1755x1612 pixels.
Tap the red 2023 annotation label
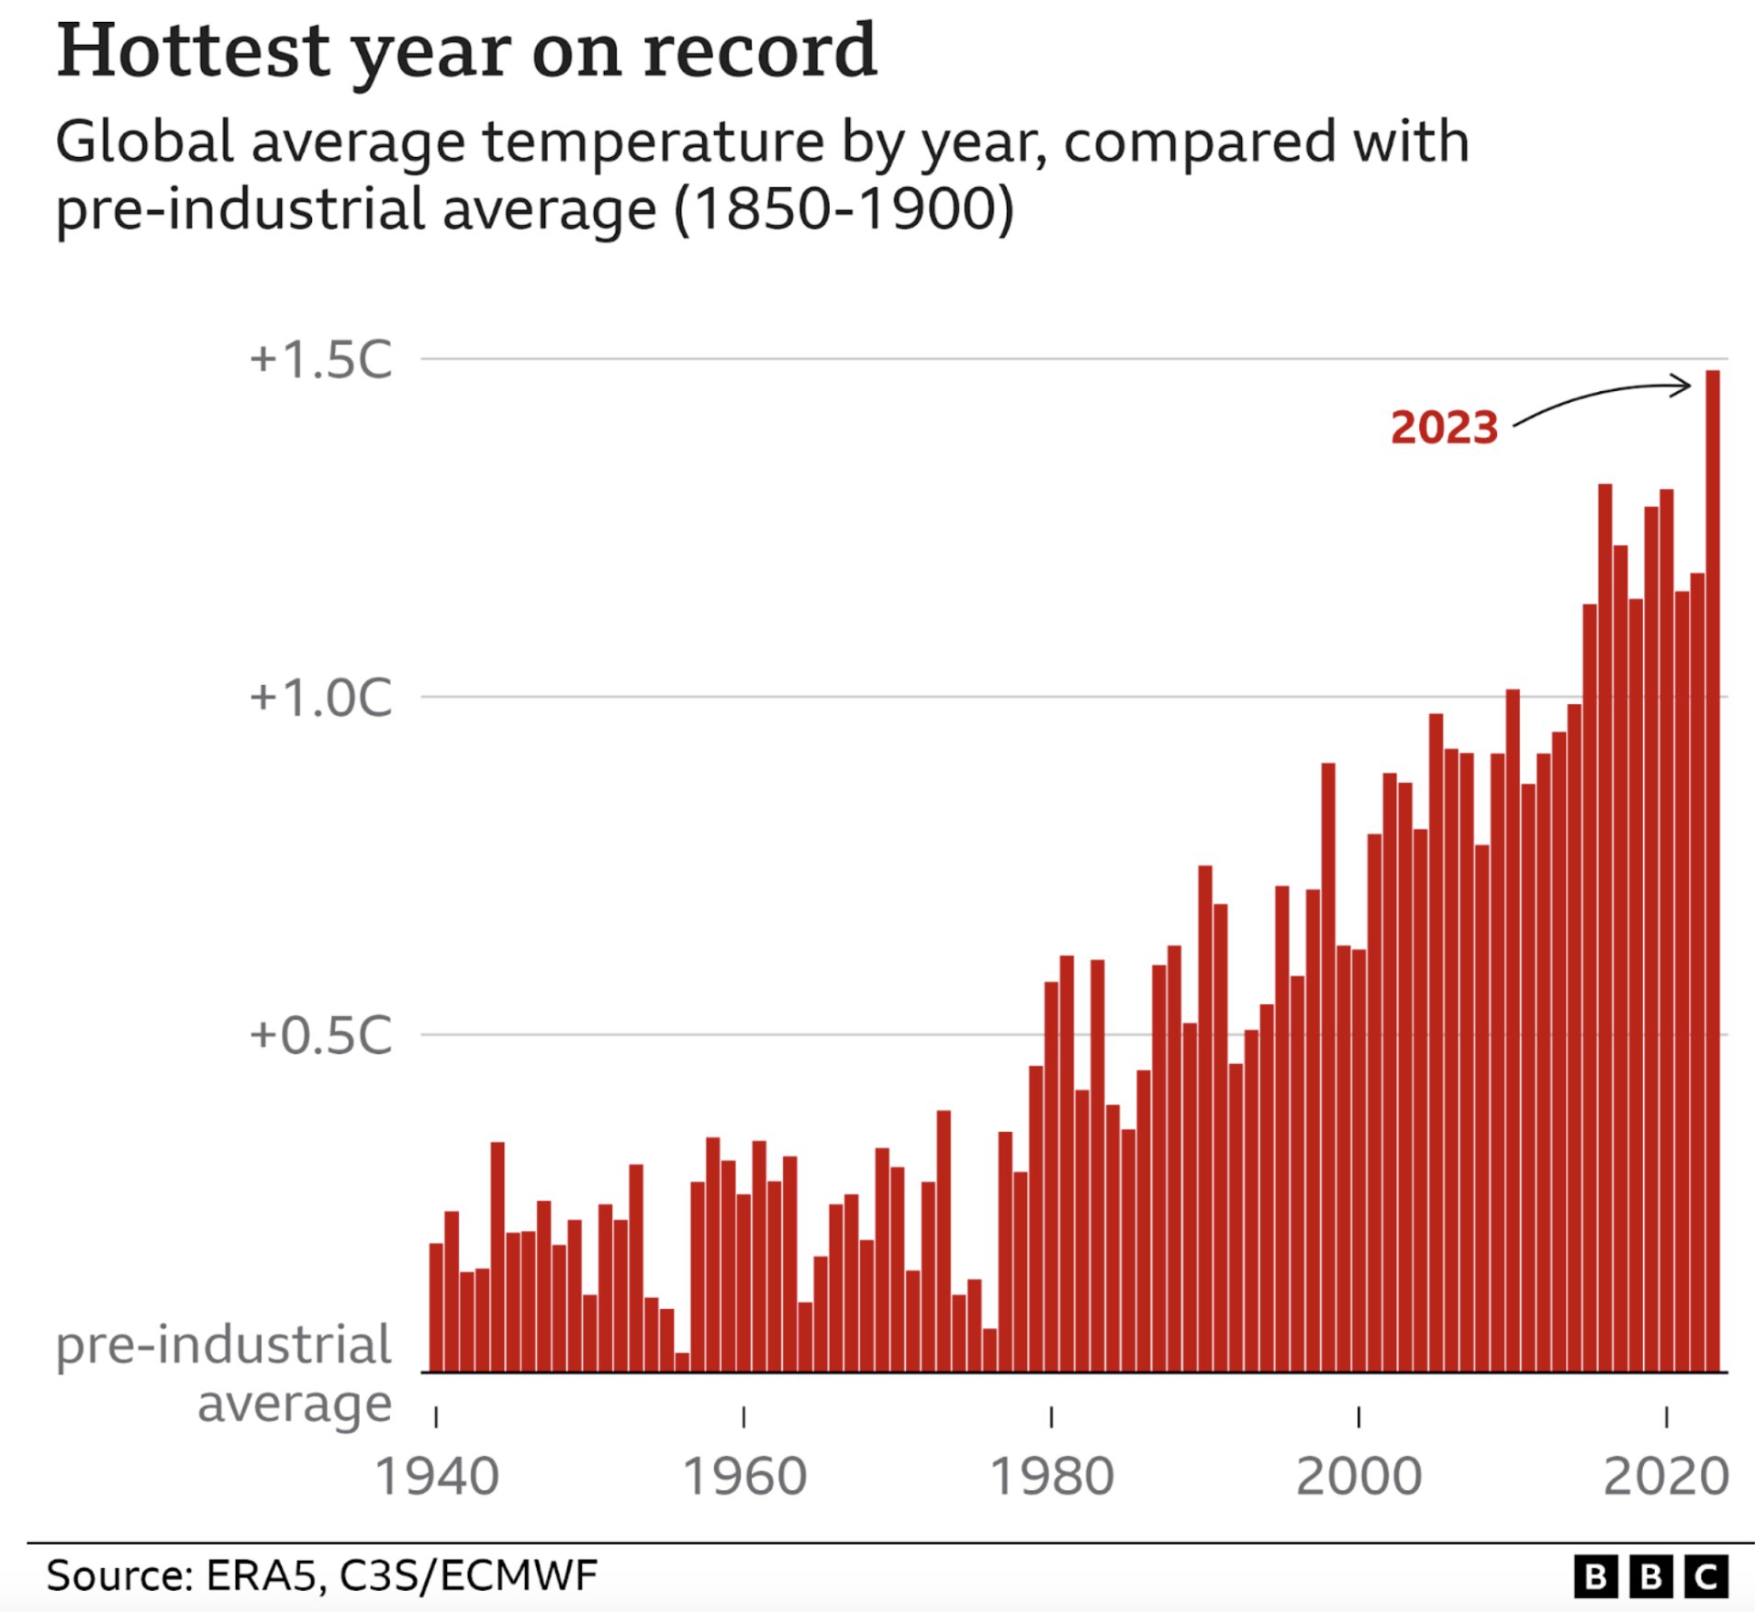point(1444,428)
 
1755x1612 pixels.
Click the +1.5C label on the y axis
point(320,359)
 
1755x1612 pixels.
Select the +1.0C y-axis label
point(320,698)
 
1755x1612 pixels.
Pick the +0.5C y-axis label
point(320,1035)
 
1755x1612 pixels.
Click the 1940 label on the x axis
point(437,1477)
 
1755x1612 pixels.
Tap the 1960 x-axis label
point(744,1477)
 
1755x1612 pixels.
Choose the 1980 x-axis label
point(1052,1477)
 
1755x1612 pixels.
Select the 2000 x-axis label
point(1358,1477)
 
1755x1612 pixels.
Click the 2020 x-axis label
point(1666,1477)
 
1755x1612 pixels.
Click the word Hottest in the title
point(193,51)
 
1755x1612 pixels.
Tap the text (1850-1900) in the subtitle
point(844,209)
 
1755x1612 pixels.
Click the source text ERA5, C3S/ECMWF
point(401,1575)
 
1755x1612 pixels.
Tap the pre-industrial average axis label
point(225,1373)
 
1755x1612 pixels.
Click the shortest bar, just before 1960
point(682,1362)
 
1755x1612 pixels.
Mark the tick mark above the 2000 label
point(1358,1417)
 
